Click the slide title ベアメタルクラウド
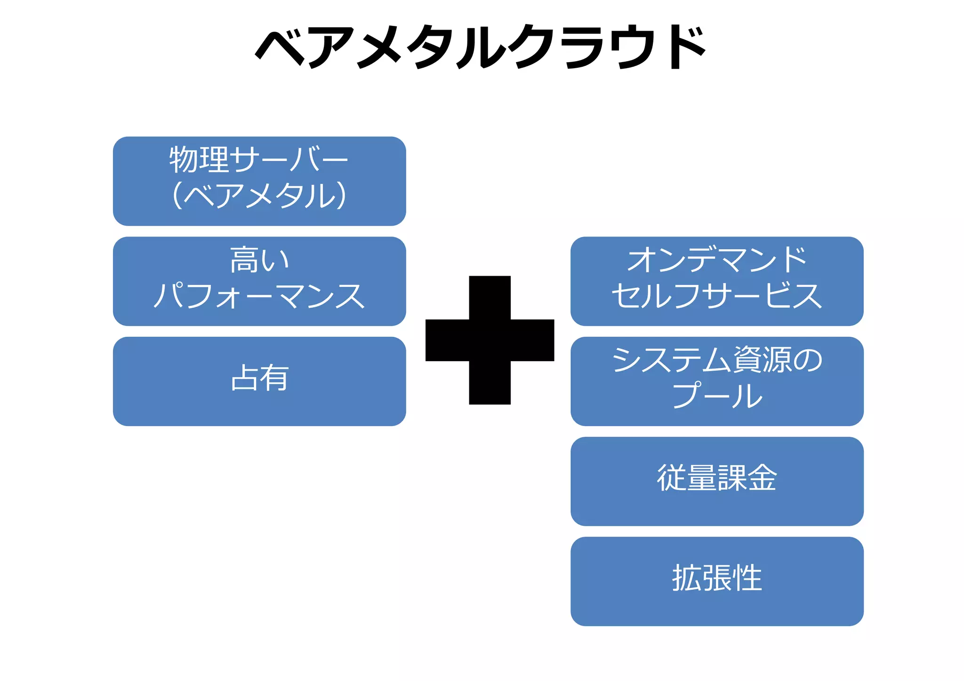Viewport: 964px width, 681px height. point(480,47)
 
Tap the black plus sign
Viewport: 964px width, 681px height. point(490,340)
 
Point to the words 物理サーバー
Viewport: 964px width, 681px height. point(259,160)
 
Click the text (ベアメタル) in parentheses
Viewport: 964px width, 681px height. point(259,195)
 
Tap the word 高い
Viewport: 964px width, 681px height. point(259,260)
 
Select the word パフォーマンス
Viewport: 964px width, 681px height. point(259,296)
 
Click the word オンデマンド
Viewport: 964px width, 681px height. point(717,260)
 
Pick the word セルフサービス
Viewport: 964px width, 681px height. point(717,296)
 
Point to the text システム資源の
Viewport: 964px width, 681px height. point(717,360)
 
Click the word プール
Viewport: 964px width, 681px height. point(717,396)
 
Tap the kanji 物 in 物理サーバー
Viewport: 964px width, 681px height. point(184,160)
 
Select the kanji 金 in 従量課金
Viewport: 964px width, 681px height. point(762,478)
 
